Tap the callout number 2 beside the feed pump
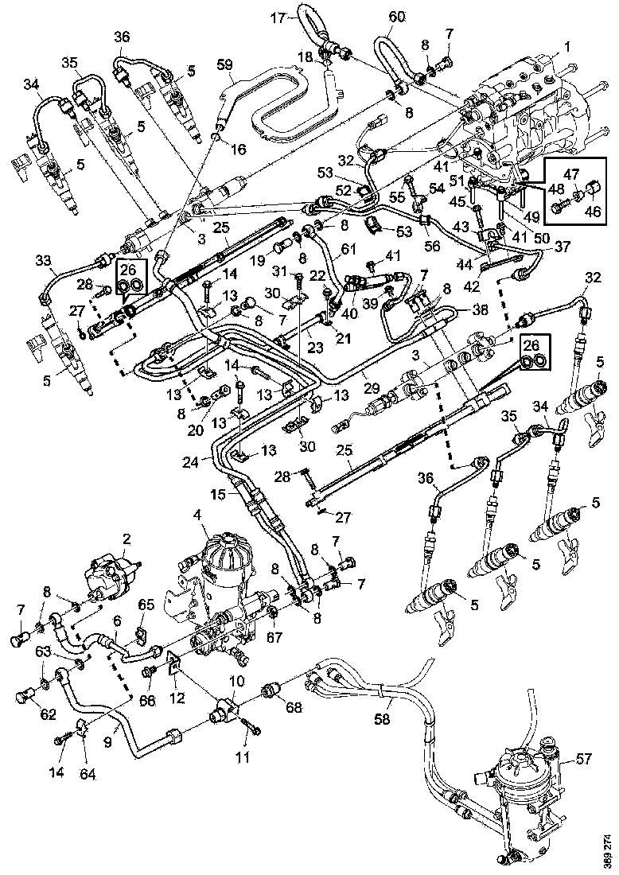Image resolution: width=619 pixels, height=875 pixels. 126,539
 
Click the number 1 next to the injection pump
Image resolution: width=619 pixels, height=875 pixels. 567,47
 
